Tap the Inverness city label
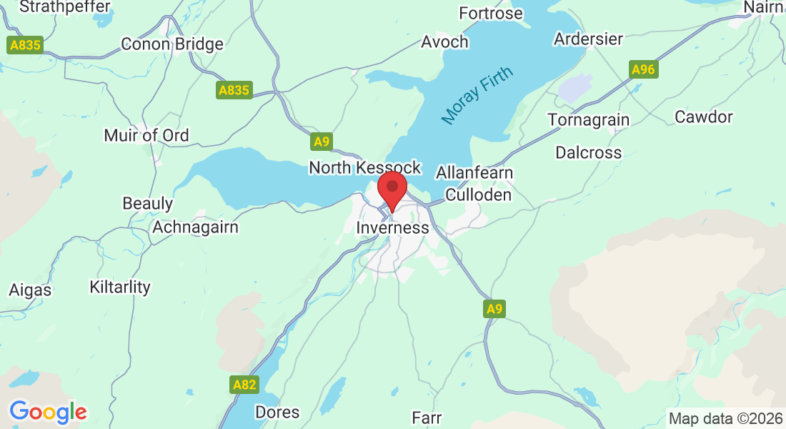coord(392,228)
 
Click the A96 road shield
coord(643,69)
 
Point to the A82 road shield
coord(244,385)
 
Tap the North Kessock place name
coord(364,167)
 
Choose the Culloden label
coord(478,195)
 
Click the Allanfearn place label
coord(474,174)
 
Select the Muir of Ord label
coord(146,135)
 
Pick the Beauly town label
coord(148,203)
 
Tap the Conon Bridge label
coord(172,44)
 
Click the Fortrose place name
coord(491,14)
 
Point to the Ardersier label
coord(589,39)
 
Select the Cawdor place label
coord(704,117)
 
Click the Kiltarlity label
coord(120,287)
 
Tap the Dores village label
coord(277,413)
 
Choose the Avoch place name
coord(444,42)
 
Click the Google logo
coord(48,412)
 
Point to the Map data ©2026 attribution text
coord(725,419)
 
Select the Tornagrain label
coord(589,119)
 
